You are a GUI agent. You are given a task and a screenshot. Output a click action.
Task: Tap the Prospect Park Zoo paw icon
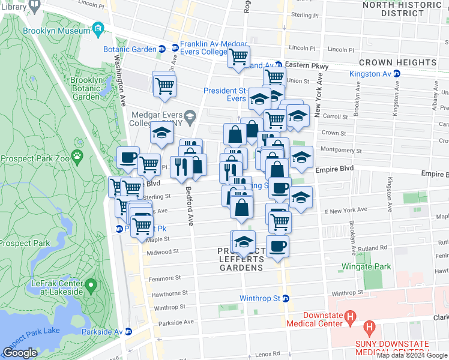point(77,157)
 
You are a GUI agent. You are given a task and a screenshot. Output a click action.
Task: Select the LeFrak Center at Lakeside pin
point(90,284)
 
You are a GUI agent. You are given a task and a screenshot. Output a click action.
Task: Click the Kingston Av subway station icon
point(396,74)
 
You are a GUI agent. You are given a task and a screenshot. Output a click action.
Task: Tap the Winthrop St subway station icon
point(286,298)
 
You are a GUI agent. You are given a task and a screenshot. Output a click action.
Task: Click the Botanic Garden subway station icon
point(161,49)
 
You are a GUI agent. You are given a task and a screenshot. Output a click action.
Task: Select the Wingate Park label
point(366,266)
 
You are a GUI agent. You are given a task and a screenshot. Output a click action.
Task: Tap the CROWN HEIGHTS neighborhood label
point(397,62)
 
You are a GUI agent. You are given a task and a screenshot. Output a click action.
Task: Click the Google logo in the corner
point(20,353)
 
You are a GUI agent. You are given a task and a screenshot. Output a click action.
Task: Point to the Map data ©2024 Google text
point(411,355)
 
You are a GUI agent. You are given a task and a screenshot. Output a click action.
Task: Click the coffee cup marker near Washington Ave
point(128,158)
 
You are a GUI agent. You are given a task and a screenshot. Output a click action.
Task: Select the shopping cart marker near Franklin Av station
point(238,57)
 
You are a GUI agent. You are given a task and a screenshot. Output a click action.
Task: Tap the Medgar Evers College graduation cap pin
point(190,116)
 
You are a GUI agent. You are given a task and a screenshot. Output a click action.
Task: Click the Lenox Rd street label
point(268,353)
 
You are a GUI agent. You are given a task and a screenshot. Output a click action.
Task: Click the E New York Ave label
point(345,210)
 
